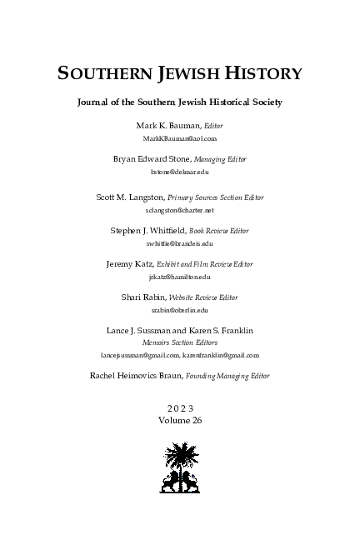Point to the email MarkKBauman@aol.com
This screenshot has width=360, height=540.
tap(179, 137)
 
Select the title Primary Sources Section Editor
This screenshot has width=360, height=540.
tap(215, 197)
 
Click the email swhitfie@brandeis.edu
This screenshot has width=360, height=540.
tap(179, 243)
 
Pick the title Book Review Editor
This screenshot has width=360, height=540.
tap(218, 231)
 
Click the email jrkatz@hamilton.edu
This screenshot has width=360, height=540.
tap(179, 276)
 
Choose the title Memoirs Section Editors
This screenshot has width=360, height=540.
tap(179, 342)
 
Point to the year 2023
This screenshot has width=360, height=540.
tap(179, 408)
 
